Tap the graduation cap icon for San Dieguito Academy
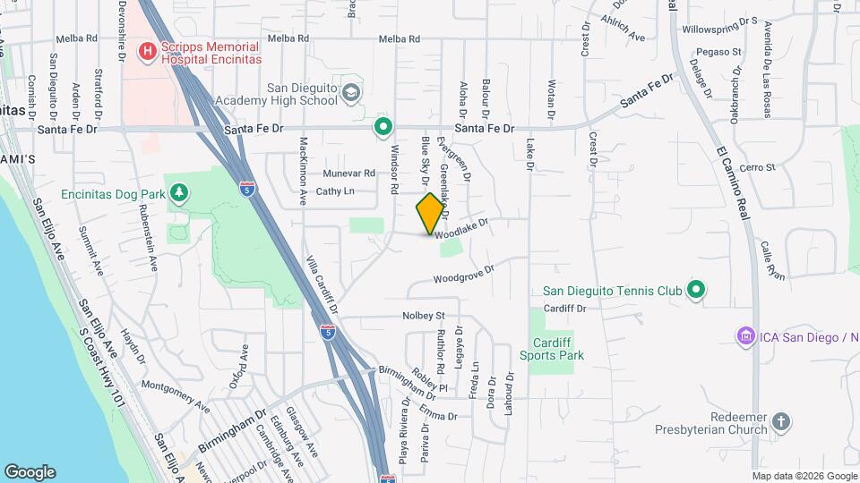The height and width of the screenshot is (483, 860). [353, 92]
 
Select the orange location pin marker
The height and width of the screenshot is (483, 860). [431, 214]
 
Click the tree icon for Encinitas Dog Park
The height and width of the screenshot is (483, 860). [180, 191]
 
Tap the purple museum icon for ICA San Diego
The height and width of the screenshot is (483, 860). [744, 336]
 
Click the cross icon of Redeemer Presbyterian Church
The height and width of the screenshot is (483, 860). [781, 420]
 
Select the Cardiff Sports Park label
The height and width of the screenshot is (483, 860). [552, 348]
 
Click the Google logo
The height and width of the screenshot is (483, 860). [30, 471]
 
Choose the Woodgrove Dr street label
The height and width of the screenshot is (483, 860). [464, 274]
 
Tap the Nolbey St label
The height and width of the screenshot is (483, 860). [424, 316]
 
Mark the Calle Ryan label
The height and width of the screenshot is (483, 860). [773, 260]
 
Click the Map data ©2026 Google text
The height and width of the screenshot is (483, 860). [804, 475]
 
